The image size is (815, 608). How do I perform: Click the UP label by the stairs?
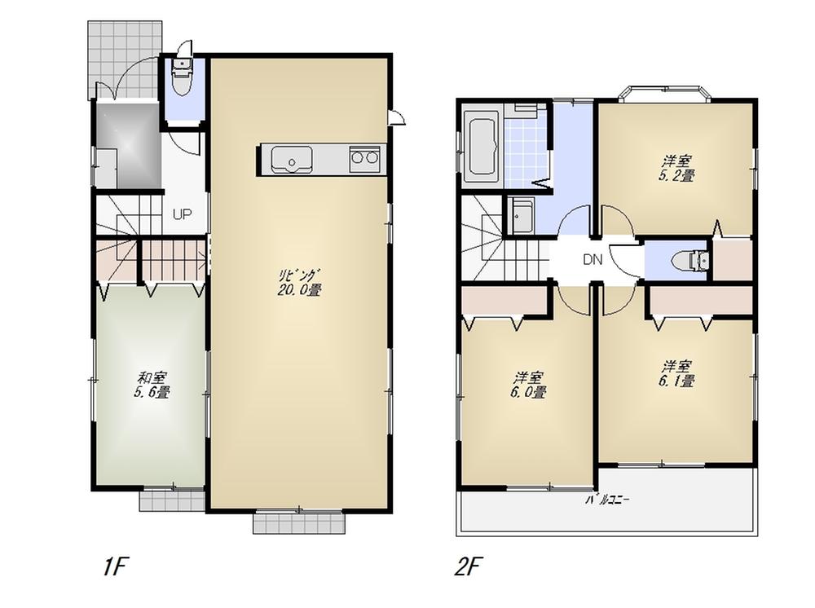click(x=182, y=214)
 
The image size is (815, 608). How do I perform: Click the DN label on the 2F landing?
click(x=593, y=261)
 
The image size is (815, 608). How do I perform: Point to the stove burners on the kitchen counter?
click(x=364, y=159)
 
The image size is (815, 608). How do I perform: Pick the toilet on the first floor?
click(x=182, y=82)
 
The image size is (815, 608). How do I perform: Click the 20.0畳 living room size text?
click(x=298, y=289)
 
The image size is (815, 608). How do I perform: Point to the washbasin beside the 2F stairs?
click(x=521, y=216)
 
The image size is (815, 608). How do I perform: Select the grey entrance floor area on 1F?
click(x=127, y=145)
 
